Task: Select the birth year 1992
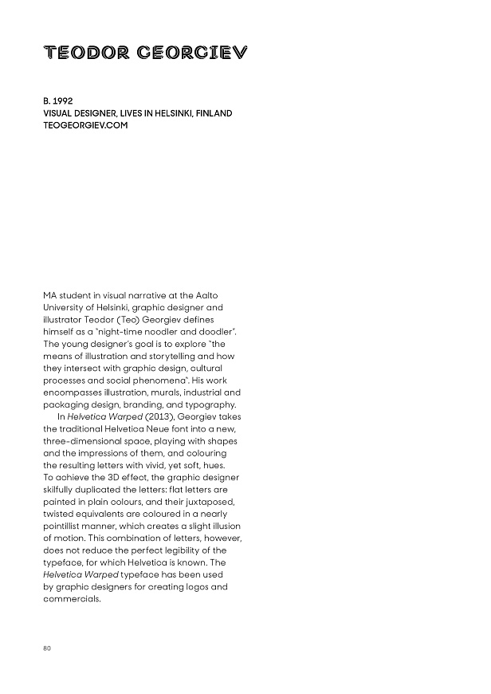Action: (64, 101)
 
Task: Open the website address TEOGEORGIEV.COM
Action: (85, 125)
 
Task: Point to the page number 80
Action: (47, 648)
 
